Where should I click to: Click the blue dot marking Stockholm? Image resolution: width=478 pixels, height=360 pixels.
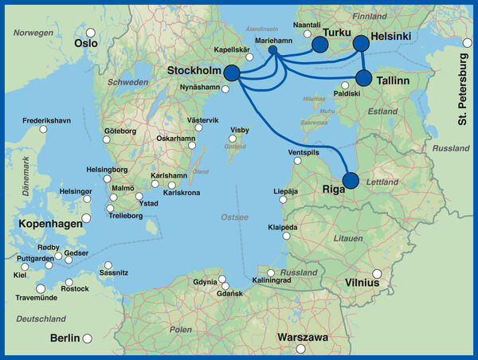pos(232,72)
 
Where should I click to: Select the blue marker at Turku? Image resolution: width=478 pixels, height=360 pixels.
pos(319,45)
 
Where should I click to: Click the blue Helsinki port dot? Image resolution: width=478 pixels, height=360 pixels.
pos(361,43)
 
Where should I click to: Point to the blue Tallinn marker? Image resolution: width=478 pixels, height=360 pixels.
pos(364,77)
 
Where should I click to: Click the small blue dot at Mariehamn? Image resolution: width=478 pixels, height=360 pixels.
pos(273,50)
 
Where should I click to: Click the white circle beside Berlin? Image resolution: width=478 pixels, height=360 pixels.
pos(88,338)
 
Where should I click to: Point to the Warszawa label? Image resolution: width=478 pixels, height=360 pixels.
pos(303,338)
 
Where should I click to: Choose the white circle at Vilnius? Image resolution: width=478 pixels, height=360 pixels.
pos(378,274)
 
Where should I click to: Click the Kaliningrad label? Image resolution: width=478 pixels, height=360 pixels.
pos(274,281)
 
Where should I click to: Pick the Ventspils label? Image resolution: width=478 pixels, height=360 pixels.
pos(303,151)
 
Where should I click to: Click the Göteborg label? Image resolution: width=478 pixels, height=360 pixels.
pos(120,131)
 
